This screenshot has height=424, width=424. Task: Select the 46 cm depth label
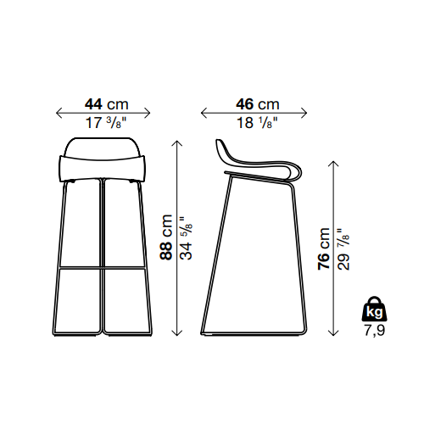click(257, 104)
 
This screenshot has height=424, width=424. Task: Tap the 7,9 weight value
click(374, 330)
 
